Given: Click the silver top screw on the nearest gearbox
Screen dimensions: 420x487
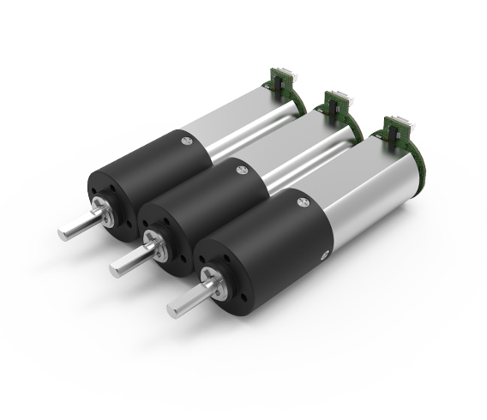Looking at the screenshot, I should click(302, 202).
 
